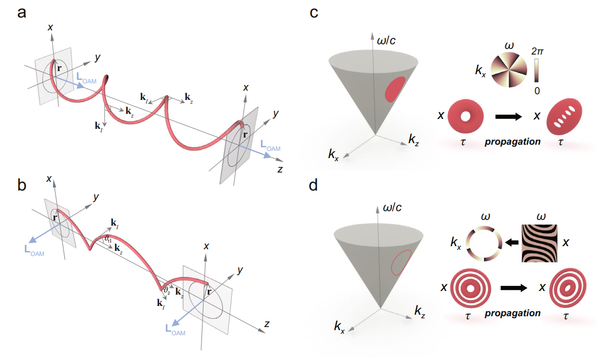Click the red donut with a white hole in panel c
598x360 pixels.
pos(466,117)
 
